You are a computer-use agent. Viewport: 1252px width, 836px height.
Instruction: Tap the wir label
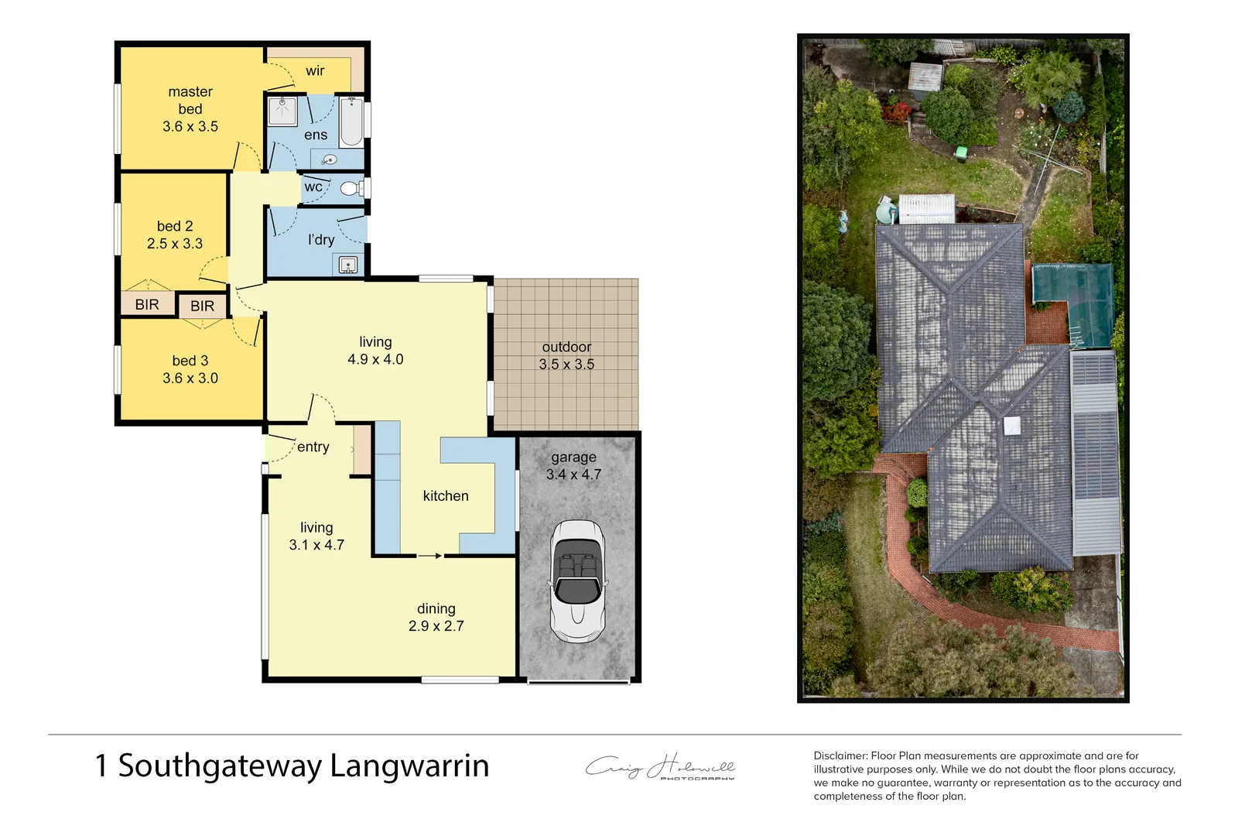point(315,71)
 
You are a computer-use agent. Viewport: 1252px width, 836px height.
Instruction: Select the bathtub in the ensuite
point(352,122)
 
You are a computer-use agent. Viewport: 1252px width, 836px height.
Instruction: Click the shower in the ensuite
point(282,111)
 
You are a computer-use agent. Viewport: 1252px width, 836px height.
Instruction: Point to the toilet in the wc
point(351,188)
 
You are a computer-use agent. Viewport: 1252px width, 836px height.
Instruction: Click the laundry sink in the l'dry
point(348,266)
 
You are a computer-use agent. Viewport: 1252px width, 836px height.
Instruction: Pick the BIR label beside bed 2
point(147,304)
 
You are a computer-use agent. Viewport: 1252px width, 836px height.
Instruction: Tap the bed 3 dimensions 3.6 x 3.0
point(190,379)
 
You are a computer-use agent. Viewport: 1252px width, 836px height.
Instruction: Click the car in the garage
point(577,581)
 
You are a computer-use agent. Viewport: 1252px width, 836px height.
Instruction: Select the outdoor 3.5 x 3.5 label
point(566,355)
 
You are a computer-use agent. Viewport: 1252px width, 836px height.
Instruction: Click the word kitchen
point(446,496)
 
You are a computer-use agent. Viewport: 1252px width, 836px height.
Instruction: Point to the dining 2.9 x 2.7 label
point(436,617)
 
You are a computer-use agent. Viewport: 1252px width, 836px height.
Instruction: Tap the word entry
point(313,447)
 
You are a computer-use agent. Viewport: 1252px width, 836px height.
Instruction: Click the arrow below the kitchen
point(430,556)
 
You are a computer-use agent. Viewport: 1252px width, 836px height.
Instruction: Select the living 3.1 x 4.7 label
point(316,536)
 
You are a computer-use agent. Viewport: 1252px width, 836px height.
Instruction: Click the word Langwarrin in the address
point(409,766)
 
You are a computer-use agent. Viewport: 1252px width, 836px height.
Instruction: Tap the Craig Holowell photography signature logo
point(660,767)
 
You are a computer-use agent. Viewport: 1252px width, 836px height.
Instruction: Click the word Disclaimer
point(840,755)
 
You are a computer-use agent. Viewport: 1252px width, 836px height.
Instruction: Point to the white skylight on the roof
point(1012,425)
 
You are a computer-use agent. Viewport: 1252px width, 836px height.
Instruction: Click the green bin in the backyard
point(961,152)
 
